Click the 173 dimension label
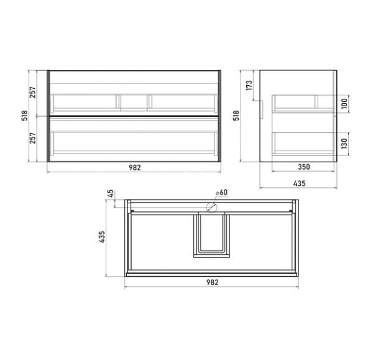pos(249,85)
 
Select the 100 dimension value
pos(344,103)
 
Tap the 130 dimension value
pos(344,144)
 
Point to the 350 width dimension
pos(304,167)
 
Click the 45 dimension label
pos(111,194)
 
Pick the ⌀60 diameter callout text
pos(222,192)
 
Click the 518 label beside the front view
pos(24,116)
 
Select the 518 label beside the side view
pos(236,116)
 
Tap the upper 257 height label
pos(32,93)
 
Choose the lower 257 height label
pos(32,138)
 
